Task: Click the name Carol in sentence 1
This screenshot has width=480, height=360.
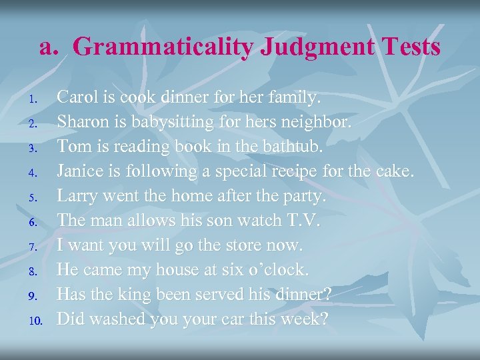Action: [76, 98]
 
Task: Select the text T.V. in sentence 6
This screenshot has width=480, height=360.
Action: [301, 221]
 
